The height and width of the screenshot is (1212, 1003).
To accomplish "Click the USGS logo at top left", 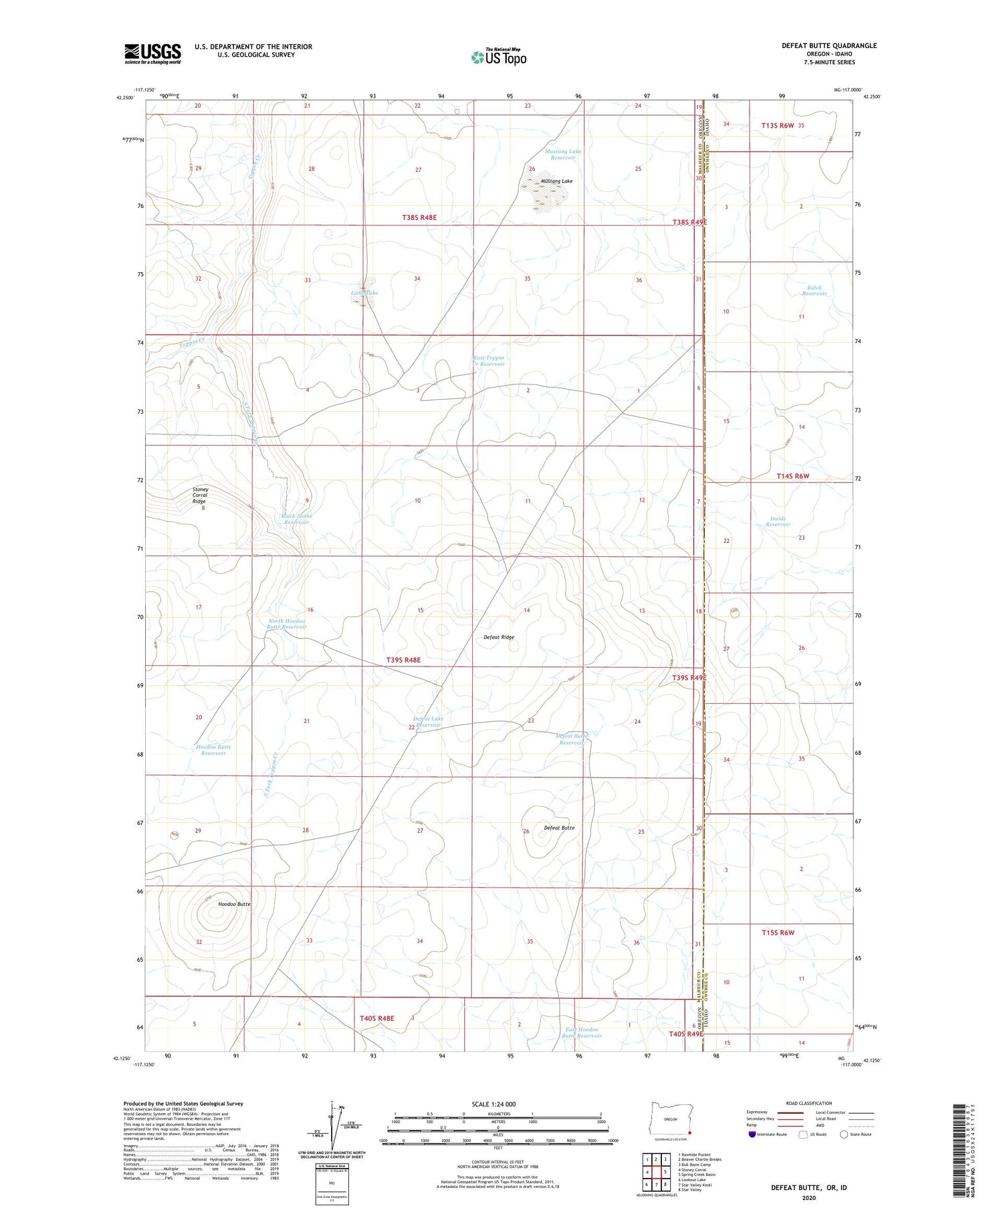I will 152,53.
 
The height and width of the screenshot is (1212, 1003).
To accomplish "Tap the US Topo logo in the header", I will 498,57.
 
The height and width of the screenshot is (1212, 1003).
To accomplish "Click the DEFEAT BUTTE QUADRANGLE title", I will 829,45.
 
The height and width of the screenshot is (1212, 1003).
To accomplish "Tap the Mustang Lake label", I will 556,181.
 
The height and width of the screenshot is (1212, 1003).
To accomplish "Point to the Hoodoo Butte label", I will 234,904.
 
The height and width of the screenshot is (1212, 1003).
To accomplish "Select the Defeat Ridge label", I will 499,637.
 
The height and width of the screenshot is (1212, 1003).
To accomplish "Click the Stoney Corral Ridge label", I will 200,495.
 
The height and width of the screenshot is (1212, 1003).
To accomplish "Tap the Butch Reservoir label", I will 814,291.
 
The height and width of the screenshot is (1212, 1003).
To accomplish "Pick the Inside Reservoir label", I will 778,521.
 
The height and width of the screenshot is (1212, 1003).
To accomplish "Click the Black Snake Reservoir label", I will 296,519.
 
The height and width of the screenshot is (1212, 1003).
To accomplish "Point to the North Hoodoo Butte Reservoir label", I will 287,624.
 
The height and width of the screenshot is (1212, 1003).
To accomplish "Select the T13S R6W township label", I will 778,125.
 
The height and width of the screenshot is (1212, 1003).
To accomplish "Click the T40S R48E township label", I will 377,1018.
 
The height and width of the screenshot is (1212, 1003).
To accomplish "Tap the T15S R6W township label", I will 778,933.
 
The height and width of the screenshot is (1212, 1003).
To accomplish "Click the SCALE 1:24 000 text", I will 493,1104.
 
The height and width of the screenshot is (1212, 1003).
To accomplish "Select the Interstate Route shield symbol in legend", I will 752,1134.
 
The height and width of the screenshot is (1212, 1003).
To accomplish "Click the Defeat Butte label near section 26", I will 559,828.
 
